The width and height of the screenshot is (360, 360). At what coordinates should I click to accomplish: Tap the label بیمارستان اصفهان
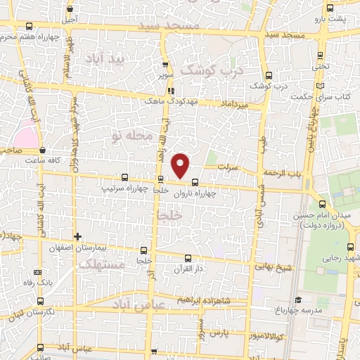[78, 248]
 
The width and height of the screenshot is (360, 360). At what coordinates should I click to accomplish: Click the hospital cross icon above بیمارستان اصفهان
[78, 236]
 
